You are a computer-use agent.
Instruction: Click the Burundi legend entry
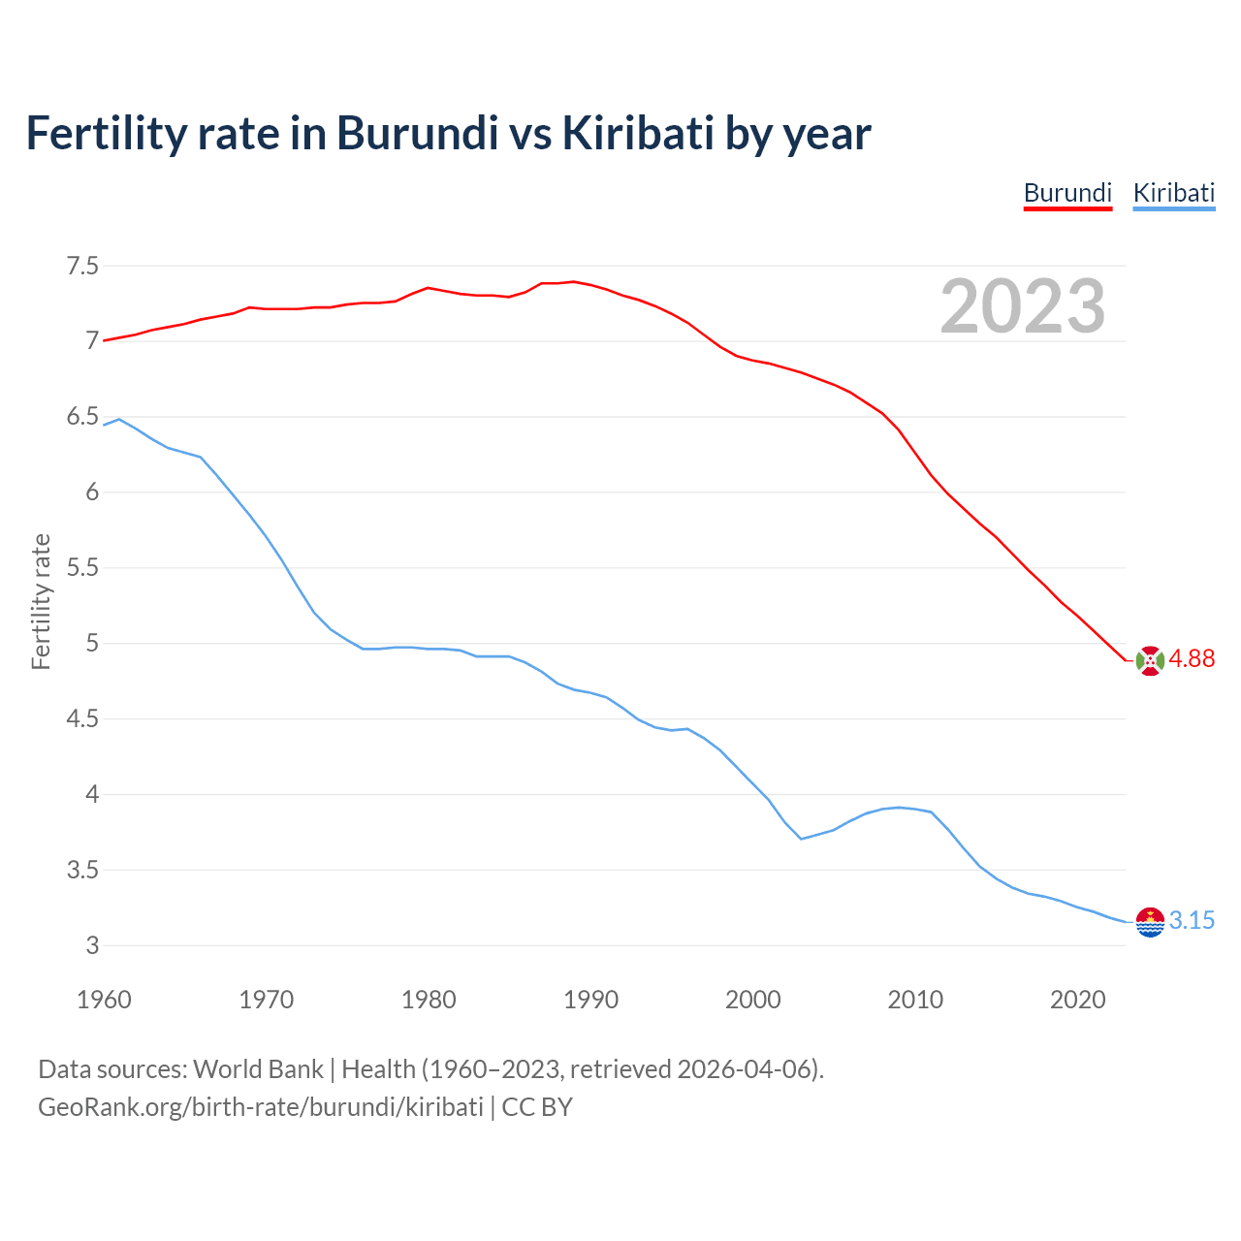coord(1067,193)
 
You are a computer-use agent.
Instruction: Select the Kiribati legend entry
coord(1173,193)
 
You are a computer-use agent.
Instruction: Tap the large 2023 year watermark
coord(1023,306)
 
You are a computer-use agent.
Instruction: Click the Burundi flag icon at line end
coord(1150,660)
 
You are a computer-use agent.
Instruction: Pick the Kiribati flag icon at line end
coord(1150,922)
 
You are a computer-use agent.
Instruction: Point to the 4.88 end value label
coord(1192,659)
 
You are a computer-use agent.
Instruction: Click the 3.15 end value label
coord(1192,921)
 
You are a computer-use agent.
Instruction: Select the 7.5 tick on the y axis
coord(82,266)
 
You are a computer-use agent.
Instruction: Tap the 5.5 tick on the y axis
coord(82,568)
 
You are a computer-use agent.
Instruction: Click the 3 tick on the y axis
coord(93,946)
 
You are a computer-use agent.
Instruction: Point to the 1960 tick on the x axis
coord(104,1000)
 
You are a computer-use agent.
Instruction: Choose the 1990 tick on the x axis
coord(590,1000)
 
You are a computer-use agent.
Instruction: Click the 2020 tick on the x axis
coord(1077,1000)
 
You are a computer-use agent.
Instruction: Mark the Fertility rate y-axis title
coord(41,601)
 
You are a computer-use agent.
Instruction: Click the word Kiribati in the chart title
coord(638,133)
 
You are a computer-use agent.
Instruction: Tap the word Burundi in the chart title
coord(417,133)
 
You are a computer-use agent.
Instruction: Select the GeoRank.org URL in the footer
coord(260,1107)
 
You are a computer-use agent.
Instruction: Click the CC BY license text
coord(537,1107)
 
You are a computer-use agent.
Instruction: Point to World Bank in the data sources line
coord(258,1069)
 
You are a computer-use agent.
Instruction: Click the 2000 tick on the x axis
coord(752,1000)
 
